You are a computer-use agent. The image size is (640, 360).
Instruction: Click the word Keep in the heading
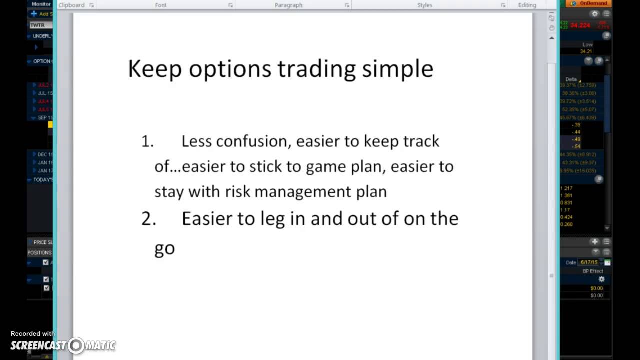[x=154, y=69]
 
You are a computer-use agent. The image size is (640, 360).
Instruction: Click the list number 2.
[x=148, y=219]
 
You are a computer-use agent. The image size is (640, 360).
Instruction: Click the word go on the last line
[x=164, y=248]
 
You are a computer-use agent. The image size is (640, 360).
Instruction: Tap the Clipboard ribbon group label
[x=71, y=5]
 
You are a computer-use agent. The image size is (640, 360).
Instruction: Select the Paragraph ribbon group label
[x=288, y=5]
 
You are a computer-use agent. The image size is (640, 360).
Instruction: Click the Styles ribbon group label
[x=424, y=5]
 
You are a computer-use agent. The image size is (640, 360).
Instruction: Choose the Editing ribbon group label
[x=527, y=5]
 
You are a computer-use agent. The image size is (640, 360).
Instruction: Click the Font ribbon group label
[x=160, y=5]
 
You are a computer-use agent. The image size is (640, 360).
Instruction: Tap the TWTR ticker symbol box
[x=40, y=25]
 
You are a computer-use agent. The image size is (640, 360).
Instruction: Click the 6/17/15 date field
[x=589, y=262]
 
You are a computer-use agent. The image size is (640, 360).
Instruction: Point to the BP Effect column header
[x=593, y=271]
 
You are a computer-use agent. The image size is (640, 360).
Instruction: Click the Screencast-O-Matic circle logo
[x=76, y=345]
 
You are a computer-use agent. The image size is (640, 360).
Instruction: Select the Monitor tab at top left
[x=41, y=4]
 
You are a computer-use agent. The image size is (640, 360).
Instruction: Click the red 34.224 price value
[x=580, y=25]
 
